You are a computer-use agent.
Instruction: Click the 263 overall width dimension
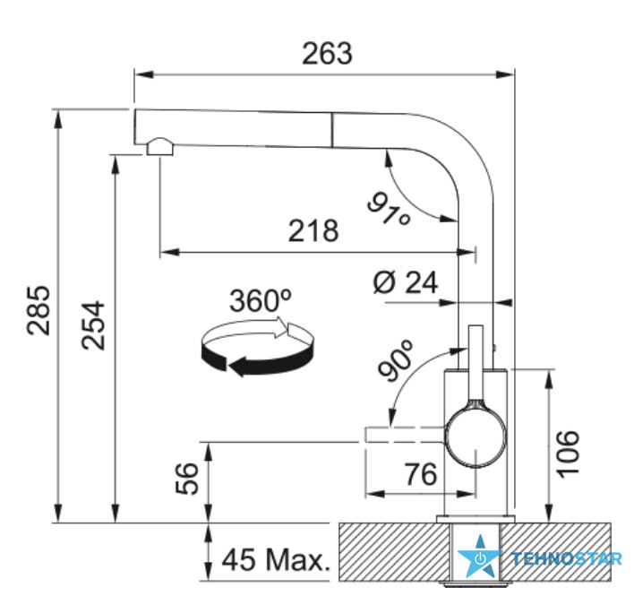tap(327, 54)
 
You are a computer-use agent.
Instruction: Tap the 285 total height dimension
tap(39, 310)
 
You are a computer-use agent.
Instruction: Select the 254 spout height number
tap(93, 325)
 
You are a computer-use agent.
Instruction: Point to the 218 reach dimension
tap(313, 230)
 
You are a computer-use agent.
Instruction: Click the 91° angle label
tap(389, 209)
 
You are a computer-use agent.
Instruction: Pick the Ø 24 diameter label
tap(406, 282)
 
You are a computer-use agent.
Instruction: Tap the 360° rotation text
tap(261, 300)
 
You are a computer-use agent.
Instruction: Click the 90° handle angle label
tap(396, 360)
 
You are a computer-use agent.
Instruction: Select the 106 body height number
tap(569, 454)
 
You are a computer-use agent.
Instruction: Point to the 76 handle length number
tap(421, 474)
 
